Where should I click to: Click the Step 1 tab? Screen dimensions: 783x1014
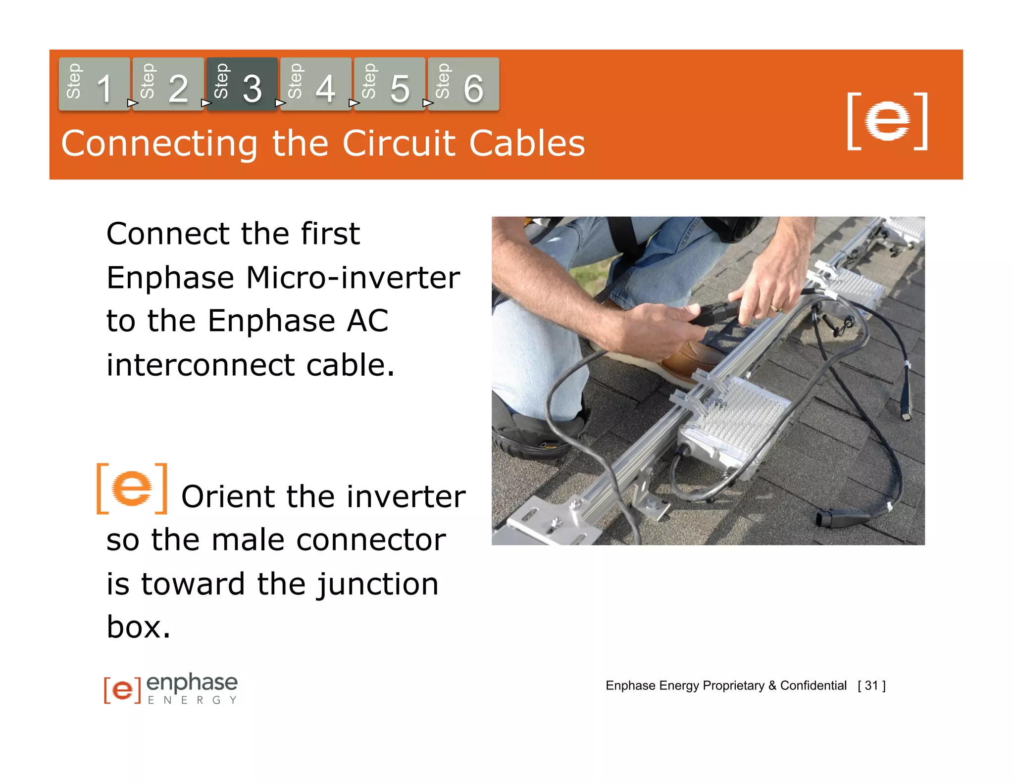pos(94,84)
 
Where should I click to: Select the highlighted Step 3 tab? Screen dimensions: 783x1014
pos(242,84)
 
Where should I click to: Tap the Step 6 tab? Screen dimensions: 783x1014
pos(463,84)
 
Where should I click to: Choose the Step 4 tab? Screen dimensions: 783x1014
pos(316,84)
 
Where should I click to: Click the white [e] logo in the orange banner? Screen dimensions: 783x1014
pos(887,121)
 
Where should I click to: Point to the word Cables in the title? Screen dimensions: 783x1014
pos(527,144)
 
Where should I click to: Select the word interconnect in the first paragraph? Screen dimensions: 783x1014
pos(201,365)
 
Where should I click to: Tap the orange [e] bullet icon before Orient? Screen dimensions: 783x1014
pos(132,489)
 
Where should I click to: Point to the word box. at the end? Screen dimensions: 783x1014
pos(138,628)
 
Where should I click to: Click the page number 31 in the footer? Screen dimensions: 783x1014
pos(871,685)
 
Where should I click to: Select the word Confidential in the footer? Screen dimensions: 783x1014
pos(813,685)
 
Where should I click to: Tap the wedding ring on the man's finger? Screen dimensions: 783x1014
pos(775,309)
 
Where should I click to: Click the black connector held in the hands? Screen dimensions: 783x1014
pos(713,314)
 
